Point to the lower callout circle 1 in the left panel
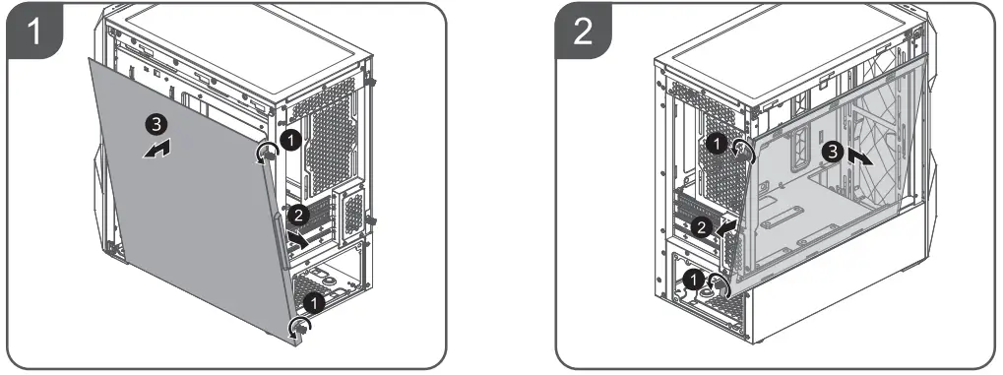(312, 301)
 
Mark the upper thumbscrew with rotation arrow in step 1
(266, 153)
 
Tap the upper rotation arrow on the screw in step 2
(744, 149)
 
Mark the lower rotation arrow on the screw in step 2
(719, 285)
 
